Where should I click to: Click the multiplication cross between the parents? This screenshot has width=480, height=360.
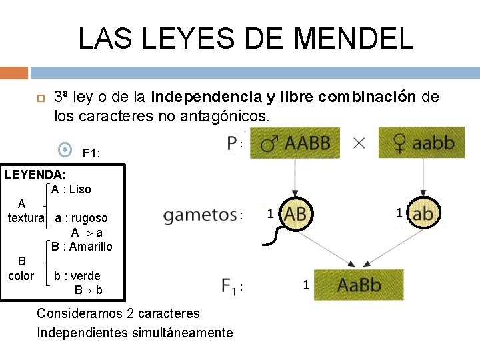click(359, 143)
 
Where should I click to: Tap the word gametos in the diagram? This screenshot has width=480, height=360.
click(200, 215)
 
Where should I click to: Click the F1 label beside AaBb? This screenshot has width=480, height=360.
click(230, 286)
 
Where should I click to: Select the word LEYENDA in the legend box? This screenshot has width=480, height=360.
click(34, 175)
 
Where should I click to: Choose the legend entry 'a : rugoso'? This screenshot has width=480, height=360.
click(81, 218)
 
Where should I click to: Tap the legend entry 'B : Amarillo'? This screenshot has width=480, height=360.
click(83, 247)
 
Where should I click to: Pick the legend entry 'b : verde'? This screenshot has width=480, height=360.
click(77, 276)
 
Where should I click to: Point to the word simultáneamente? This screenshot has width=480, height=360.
click(179, 333)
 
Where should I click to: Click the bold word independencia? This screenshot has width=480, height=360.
click(207, 97)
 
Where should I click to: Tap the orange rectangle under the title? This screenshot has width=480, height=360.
click(14, 73)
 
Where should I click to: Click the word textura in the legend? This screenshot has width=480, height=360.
click(26, 218)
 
